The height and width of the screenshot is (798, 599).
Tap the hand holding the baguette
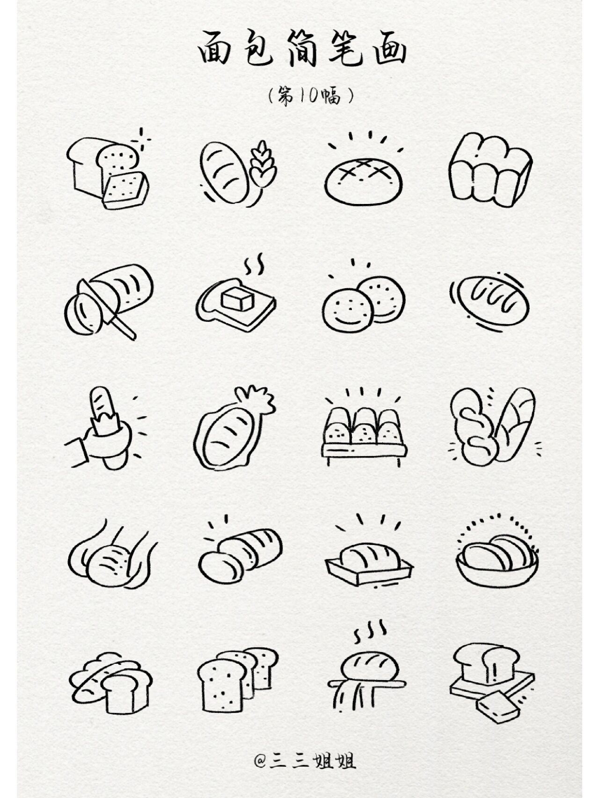pos(98,442)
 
